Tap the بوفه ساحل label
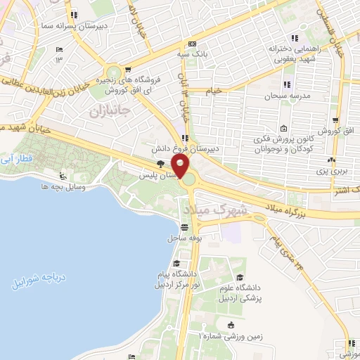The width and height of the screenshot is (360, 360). click(185, 238)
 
